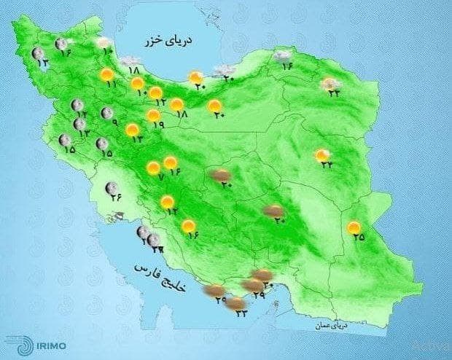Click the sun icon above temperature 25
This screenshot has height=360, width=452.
tap(354, 227)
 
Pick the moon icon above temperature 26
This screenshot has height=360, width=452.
tap(112, 189)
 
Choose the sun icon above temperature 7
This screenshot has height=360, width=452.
tap(153, 167)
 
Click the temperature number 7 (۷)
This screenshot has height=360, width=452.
tap(160, 176)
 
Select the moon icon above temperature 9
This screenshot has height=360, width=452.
tap(107, 113)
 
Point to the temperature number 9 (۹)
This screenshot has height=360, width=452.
tap(114, 122)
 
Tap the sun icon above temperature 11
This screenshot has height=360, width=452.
tap(106, 74)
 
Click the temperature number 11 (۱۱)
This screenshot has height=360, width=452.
tap(112, 85)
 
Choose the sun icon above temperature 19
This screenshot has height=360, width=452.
tap(153, 115)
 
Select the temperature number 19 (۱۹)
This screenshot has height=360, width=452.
tap(158, 125)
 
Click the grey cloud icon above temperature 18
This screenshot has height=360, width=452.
tap(131, 61)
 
